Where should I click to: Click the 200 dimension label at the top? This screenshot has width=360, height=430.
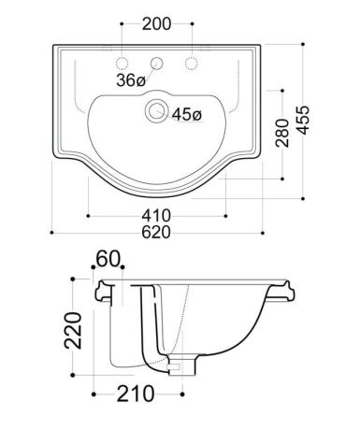[156, 24]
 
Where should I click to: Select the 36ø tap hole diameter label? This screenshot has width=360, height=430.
[131, 80]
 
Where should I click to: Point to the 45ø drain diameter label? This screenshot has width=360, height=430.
[187, 114]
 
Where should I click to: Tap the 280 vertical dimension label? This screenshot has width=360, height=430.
[282, 133]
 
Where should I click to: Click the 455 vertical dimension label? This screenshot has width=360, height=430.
[303, 121]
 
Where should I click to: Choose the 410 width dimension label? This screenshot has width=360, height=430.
[156, 215]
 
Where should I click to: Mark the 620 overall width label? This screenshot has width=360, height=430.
[156, 232]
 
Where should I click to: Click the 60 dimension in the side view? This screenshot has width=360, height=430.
[108, 259]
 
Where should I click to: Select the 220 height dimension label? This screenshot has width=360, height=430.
[73, 330]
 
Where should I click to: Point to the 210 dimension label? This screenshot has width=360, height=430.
[136, 394]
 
